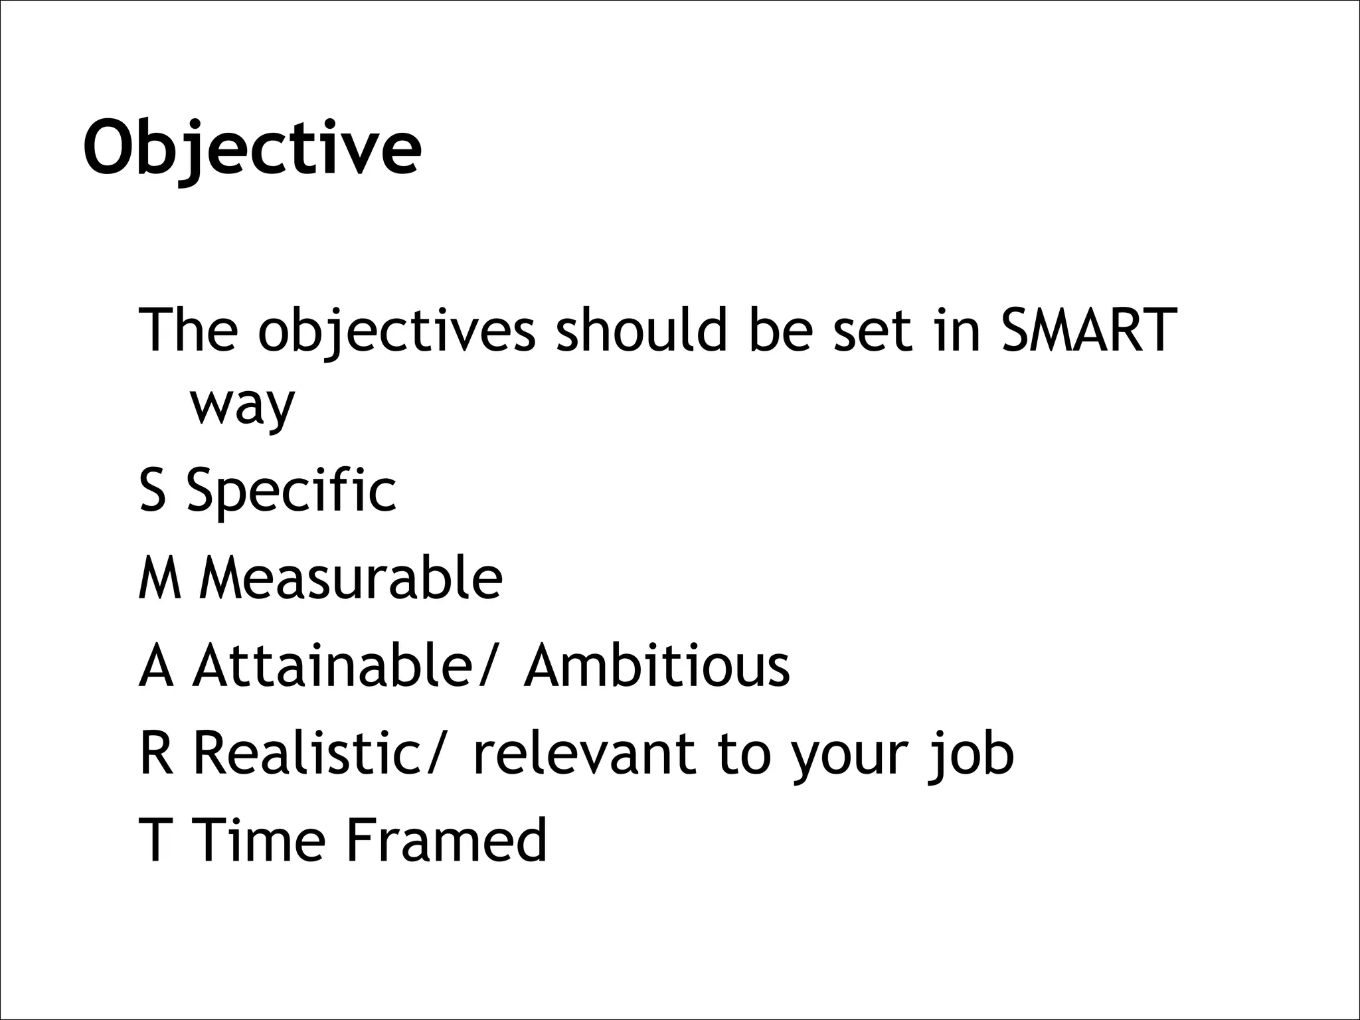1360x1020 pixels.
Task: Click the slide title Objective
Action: pos(252,147)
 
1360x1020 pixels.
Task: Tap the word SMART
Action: pos(1088,330)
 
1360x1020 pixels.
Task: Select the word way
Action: pos(242,406)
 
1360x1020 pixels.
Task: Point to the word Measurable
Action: pos(351,578)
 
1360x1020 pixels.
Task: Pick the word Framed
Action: pos(446,840)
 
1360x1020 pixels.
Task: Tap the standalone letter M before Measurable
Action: pos(159,578)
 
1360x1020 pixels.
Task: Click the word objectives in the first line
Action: pos(396,330)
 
